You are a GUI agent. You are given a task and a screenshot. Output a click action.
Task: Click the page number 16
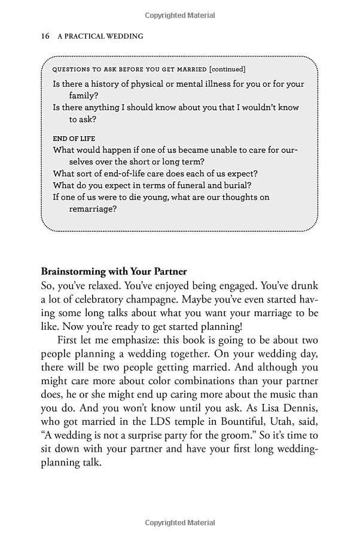click(x=45, y=36)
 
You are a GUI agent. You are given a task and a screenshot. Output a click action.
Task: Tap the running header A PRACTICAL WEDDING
click(x=100, y=36)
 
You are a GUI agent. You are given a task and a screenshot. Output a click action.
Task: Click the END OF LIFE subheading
click(x=74, y=139)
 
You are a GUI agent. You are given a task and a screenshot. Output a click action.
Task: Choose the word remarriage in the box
click(x=93, y=209)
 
